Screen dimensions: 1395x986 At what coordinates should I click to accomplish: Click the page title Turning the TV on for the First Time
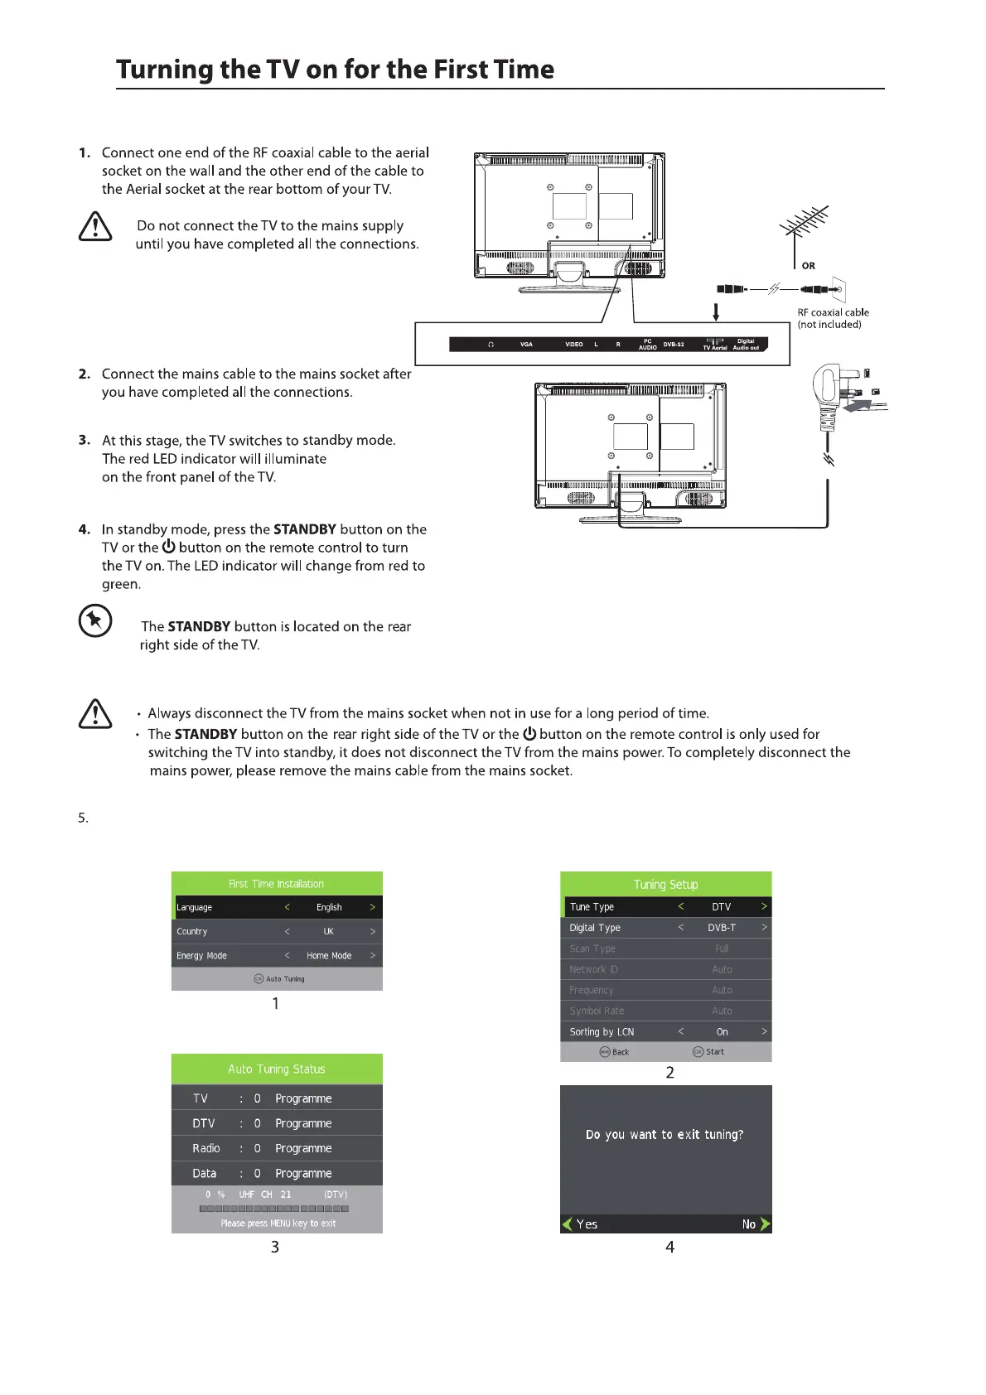(x=335, y=70)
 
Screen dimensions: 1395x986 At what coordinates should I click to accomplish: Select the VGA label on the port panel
(x=526, y=345)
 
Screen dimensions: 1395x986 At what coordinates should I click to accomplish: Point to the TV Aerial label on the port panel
(x=714, y=348)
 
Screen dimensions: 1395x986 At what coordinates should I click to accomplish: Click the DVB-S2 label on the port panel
(x=674, y=345)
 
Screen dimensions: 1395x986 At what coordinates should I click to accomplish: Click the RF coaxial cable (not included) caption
(x=832, y=318)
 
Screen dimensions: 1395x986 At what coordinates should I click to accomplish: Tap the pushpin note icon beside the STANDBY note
(x=95, y=620)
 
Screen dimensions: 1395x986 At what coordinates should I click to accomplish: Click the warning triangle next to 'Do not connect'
(x=95, y=226)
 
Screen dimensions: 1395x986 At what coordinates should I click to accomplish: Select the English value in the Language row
(x=329, y=907)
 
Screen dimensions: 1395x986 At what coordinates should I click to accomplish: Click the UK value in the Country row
(x=329, y=931)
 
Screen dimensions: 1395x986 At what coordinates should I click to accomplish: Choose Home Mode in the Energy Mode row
(x=329, y=955)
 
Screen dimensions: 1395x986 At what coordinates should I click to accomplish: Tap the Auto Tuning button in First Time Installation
(x=279, y=978)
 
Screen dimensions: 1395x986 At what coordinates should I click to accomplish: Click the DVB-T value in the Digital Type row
(x=722, y=928)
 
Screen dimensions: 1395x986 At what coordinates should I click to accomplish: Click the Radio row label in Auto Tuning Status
(x=206, y=1148)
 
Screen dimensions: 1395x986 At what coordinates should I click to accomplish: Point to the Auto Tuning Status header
(x=277, y=1069)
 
